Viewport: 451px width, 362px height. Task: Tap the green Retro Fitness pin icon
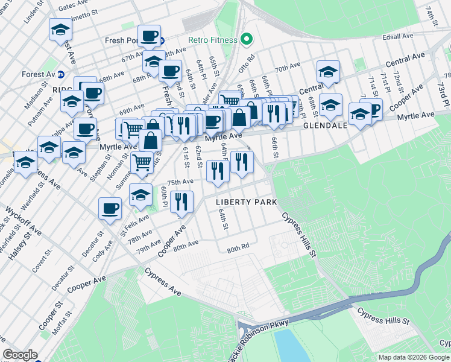(x=246, y=40)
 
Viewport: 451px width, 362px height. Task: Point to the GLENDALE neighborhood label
(x=326, y=126)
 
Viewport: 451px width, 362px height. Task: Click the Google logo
(x=20, y=355)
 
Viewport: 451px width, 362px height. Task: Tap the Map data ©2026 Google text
(x=413, y=357)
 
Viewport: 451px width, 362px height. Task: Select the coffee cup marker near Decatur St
(x=110, y=209)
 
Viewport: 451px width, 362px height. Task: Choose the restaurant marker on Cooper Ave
(x=181, y=202)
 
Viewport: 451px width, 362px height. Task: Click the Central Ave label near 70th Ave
(x=405, y=59)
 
